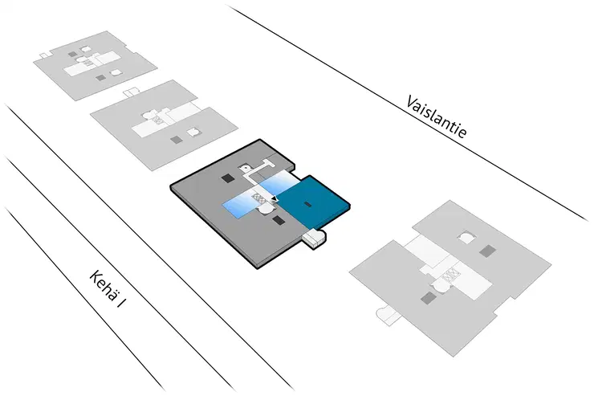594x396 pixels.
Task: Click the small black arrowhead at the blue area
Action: pos(275,198)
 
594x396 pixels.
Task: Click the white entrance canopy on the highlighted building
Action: pos(316,239)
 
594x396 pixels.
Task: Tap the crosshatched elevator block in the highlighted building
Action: pos(259,195)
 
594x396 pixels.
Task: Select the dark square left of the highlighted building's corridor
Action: pos(227,178)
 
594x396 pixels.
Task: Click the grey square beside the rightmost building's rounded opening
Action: pos(486,251)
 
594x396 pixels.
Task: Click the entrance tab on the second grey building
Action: pos(131,92)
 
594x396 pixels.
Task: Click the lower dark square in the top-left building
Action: pos(100,77)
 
